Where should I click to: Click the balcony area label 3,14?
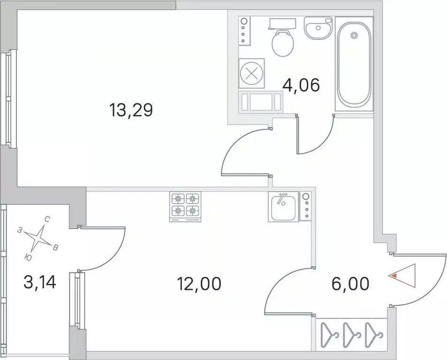pos(39,282)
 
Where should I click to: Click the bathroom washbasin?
pos(318,29)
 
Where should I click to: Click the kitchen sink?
pos(283,207)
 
